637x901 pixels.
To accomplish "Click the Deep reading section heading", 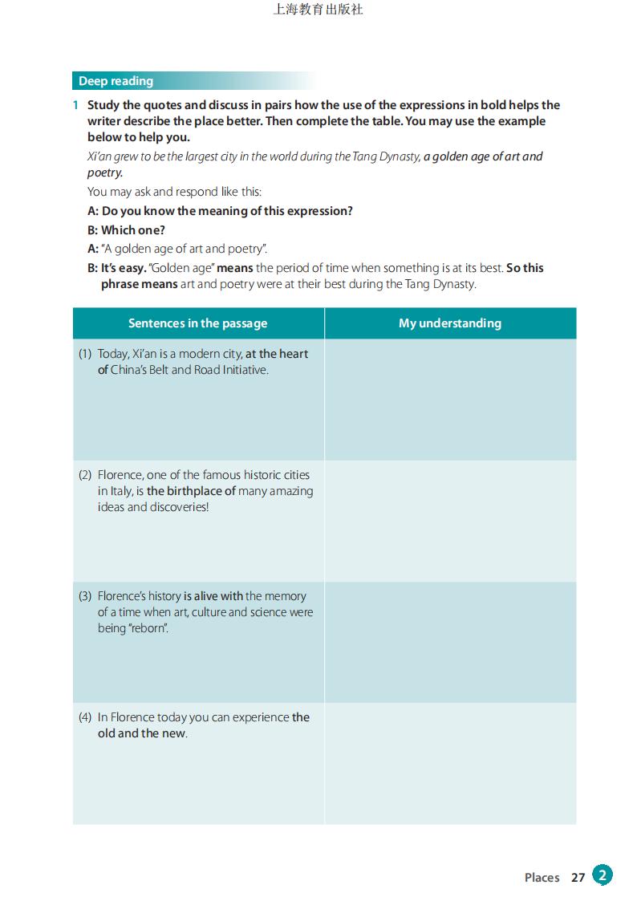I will pos(116,81).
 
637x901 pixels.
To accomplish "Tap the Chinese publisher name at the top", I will pos(318,10).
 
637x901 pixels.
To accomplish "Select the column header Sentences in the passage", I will pos(197,323).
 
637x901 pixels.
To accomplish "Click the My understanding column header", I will pos(449,323).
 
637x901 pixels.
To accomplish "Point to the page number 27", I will pos(578,878).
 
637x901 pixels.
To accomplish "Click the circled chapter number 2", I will pos(603,875).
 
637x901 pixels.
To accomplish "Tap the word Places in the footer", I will pos(542,878).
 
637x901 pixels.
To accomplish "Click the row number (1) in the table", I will pos(85,354).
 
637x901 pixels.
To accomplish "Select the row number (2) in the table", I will pos(85,475).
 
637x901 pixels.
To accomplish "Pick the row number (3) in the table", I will pos(85,596).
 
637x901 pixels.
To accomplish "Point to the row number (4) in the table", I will pos(85,717).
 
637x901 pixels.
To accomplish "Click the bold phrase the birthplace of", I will pos(191,491).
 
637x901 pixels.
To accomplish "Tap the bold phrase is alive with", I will pos(213,596).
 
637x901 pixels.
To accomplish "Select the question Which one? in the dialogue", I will pos(133,230).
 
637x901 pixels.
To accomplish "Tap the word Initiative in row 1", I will pos(242,370).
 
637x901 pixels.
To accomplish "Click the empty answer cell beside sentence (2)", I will pos(450,521).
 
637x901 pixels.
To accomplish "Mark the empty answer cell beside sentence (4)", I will pos(450,763).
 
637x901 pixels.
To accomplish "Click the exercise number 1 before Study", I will pos(75,105).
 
